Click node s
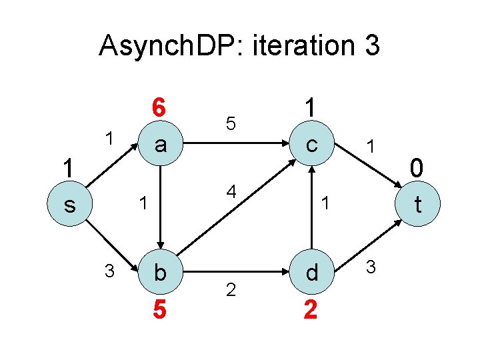point(69,205)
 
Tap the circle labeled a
point(159,144)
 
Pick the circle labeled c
point(311,144)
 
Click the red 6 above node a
point(158,107)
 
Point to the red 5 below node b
point(159,310)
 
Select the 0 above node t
point(417,168)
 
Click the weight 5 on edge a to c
point(230,123)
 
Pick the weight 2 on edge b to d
point(231,290)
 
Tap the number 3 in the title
point(372,46)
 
